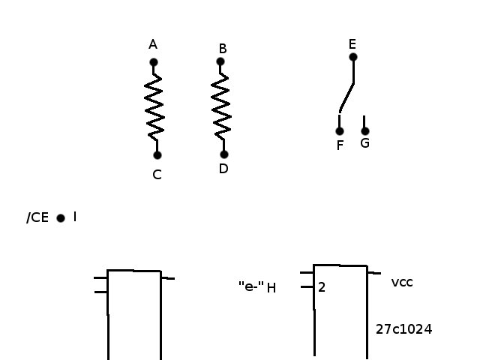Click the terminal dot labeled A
pyautogui.click(x=154, y=62)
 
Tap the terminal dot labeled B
pyautogui.click(x=220, y=61)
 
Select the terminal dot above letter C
pyautogui.click(x=157, y=155)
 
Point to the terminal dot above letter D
pyautogui.click(x=224, y=154)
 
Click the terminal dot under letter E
pyautogui.click(x=353, y=57)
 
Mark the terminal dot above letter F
pyautogui.click(x=340, y=131)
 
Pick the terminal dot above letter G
pyautogui.click(x=365, y=131)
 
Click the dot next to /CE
pyautogui.click(x=61, y=218)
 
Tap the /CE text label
pyautogui.click(x=37, y=217)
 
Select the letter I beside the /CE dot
pyautogui.click(x=75, y=217)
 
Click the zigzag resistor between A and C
pyautogui.click(x=154, y=107)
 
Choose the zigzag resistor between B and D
pyautogui.click(x=221, y=106)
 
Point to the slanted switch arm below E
pyautogui.click(x=346, y=97)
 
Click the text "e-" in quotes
pyautogui.click(x=251, y=286)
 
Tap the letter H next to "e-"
pyautogui.click(x=271, y=288)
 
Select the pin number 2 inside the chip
pyautogui.click(x=322, y=287)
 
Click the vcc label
pyautogui.click(x=402, y=282)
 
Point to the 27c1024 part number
pyautogui.click(x=403, y=329)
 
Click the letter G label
pyautogui.click(x=365, y=143)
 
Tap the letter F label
pyautogui.click(x=340, y=145)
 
